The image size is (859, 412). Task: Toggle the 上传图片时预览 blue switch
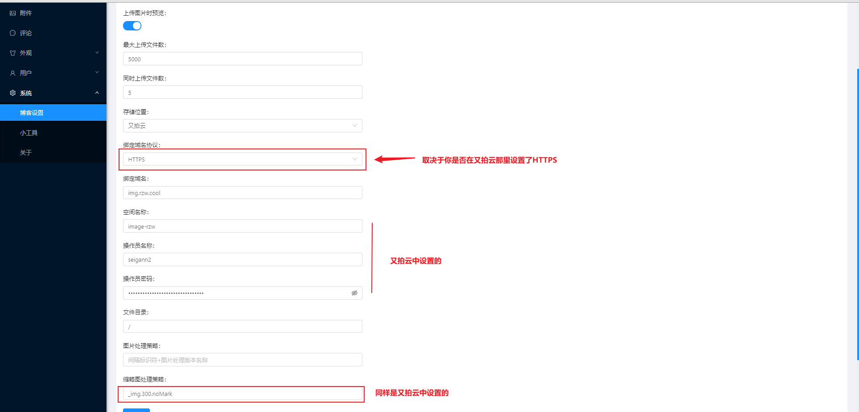132,26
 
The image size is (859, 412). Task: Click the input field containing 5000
242,59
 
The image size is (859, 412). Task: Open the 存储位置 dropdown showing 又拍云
242,126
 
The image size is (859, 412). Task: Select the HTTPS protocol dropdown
242,159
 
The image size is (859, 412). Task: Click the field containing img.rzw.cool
242,193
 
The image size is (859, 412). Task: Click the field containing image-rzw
242,226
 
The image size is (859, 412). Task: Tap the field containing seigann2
242,259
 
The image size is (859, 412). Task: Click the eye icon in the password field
354,293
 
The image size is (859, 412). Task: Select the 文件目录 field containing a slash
242,327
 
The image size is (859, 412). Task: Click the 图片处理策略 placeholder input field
242,360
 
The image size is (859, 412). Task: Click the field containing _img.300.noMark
242,394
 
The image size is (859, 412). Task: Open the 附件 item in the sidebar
26,13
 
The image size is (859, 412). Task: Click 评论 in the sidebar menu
26,33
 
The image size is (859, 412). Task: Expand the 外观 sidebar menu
26,53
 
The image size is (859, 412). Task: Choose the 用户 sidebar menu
26,73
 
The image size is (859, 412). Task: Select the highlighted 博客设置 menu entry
32,113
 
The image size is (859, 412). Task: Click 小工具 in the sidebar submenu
29,133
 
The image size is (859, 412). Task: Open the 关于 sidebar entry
26,153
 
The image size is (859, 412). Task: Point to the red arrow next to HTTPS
394,159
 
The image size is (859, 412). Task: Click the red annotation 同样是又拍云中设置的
412,393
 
